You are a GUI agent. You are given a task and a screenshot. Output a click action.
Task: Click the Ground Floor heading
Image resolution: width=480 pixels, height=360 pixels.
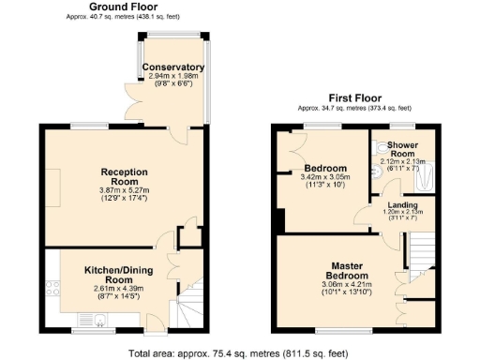[123, 7]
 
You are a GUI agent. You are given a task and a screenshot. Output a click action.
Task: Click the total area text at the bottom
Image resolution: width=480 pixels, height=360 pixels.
[239, 352]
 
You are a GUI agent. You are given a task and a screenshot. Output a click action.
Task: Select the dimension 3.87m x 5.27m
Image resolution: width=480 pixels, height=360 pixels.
[126, 191]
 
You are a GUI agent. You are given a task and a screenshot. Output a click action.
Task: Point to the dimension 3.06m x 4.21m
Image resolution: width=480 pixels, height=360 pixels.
[342, 284]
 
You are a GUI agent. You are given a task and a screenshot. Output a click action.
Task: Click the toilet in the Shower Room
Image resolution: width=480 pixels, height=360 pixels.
[375, 173]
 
